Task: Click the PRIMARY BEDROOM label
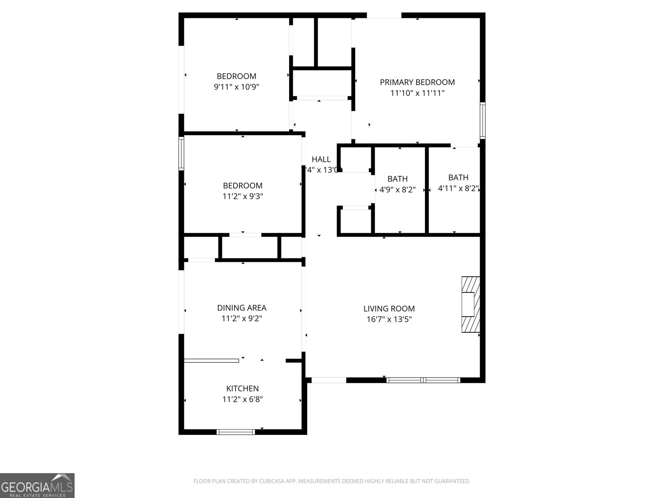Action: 417,82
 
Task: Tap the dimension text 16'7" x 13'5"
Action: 389,319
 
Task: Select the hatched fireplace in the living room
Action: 471,305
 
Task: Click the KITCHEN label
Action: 242,388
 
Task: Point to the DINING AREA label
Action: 242,308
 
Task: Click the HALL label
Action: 321,159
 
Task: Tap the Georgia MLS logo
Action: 37,485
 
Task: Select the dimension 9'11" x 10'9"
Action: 237,87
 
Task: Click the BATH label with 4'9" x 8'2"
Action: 397,179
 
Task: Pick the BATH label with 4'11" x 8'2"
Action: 458,177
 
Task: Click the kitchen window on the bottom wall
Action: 236,432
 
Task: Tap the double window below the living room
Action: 423,380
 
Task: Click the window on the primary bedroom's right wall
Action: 483,121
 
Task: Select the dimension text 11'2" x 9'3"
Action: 242,196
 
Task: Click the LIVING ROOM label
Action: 389,308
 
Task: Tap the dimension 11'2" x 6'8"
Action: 242,399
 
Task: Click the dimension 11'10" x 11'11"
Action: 417,93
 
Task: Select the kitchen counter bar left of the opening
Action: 211,360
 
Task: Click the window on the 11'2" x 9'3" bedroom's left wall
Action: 181,154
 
